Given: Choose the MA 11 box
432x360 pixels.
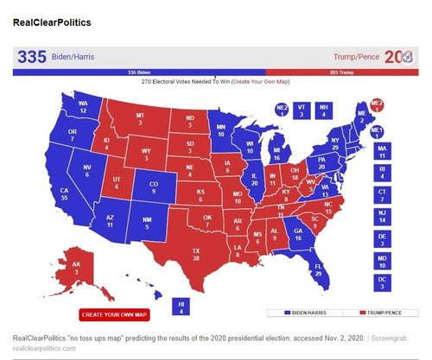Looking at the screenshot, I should pyautogui.click(x=381, y=153).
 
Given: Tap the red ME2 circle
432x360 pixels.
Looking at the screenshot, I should pyautogui.click(x=376, y=106).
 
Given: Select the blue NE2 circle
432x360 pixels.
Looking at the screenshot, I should pyautogui.click(x=282, y=109).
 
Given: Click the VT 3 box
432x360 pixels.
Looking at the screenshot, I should pyautogui.click(x=302, y=110).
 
